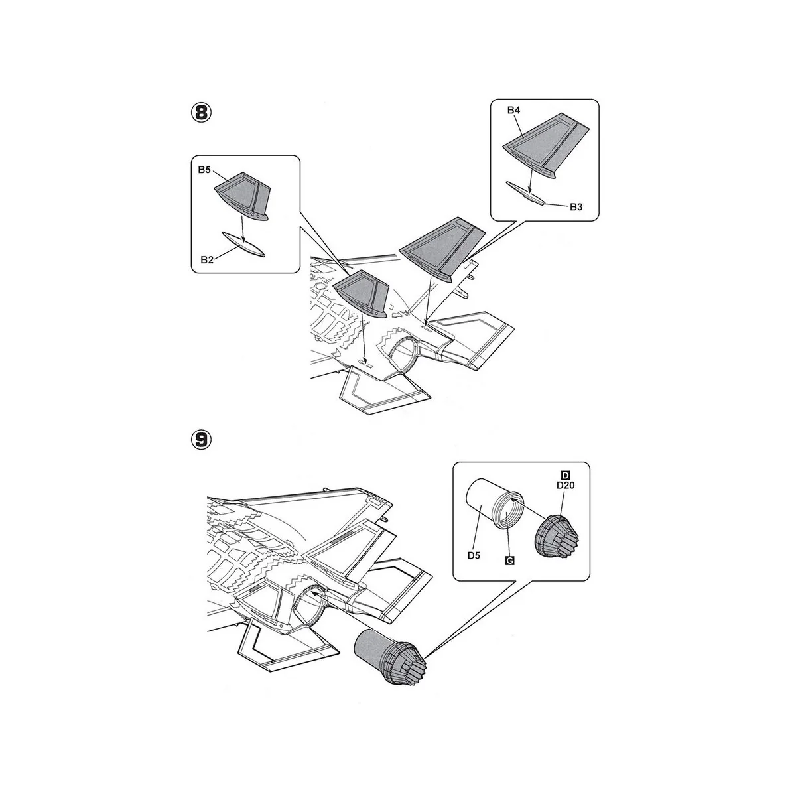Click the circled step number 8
click(x=201, y=113)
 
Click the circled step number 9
click(x=201, y=440)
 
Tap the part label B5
click(x=204, y=170)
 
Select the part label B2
click(x=207, y=260)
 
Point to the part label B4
click(x=513, y=110)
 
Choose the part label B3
click(x=576, y=207)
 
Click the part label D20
click(x=566, y=486)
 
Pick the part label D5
click(x=474, y=555)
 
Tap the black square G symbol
click(x=509, y=561)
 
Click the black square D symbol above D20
click(x=566, y=475)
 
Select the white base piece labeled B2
click(x=243, y=245)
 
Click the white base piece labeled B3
click(x=525, y=193)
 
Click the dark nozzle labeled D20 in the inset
click(x=556, y=535)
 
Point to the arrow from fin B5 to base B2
click(x=243, y=223)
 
